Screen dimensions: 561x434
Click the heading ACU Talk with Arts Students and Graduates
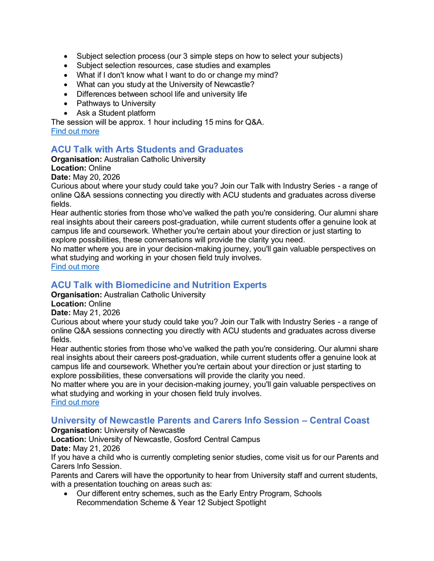pyautogui.click(x=147, y=150)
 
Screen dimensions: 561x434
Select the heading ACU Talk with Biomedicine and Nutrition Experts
pyautogui.click(x=159, y=285)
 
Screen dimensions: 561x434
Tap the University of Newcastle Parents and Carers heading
pyautogui.click(x=210, y=421)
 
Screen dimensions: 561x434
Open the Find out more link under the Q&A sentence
pyautogui.click(x=75, y=131)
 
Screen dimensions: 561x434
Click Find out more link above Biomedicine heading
pyautogui.click(x=75, y=267)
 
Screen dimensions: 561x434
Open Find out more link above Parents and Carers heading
pyautogui.click(x=75, y=403)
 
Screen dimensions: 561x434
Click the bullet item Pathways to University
pyautogui.click(x=116, y=103)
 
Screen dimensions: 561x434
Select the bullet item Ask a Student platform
pyautogui.click(x=116, y=113)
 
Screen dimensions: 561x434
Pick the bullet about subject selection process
pyautogui.click(x=209, y=56)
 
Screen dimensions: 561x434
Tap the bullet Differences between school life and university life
pyautogui.click(x=162, y=94)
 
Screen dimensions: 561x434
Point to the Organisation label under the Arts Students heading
pyautogui.click(x=76, y=159)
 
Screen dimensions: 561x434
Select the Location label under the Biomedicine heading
pyautogui.click(x=68, y=304)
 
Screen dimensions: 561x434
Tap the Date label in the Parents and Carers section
pyautogui.click(x=61, y=448)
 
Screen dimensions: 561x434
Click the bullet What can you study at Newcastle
pyautogui.click(x=165, y=85)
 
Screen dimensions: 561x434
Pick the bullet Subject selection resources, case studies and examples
pyautogui.click(x=173, y=65)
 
